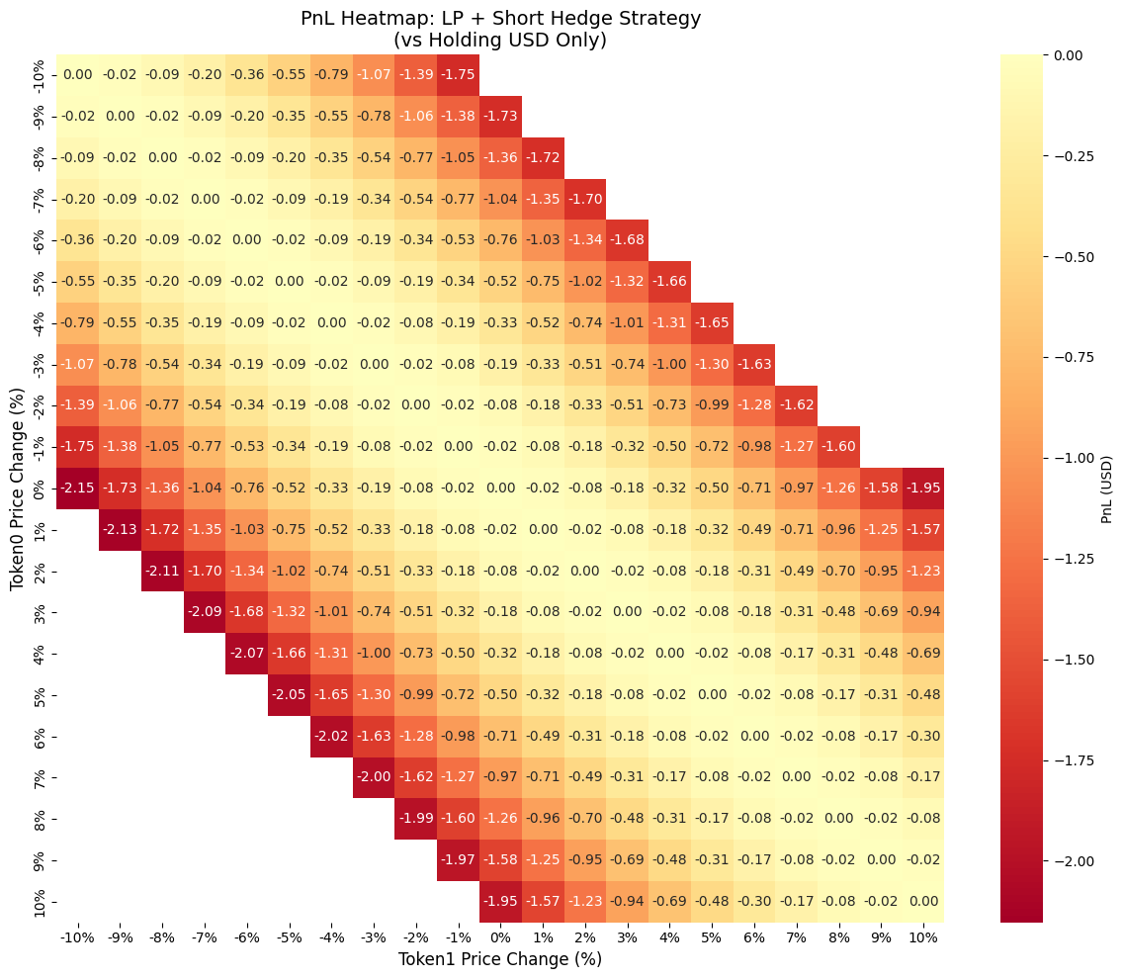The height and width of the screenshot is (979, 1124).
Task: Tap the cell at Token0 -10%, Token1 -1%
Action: click(x=458, y=75)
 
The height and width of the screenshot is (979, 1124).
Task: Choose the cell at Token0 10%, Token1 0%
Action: click(x=499, y=901)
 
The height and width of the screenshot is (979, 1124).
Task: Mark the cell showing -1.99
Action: click(x=415, y=819)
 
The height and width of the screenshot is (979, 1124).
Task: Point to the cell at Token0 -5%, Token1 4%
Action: click(x=669, y=281)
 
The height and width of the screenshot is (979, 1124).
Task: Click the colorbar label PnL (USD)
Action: click(x=1107, y=488)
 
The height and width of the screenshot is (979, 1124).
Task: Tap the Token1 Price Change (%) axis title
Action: click(x=499, y=958)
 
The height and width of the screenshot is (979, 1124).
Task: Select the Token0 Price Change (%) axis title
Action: click(x=17, y=488)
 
